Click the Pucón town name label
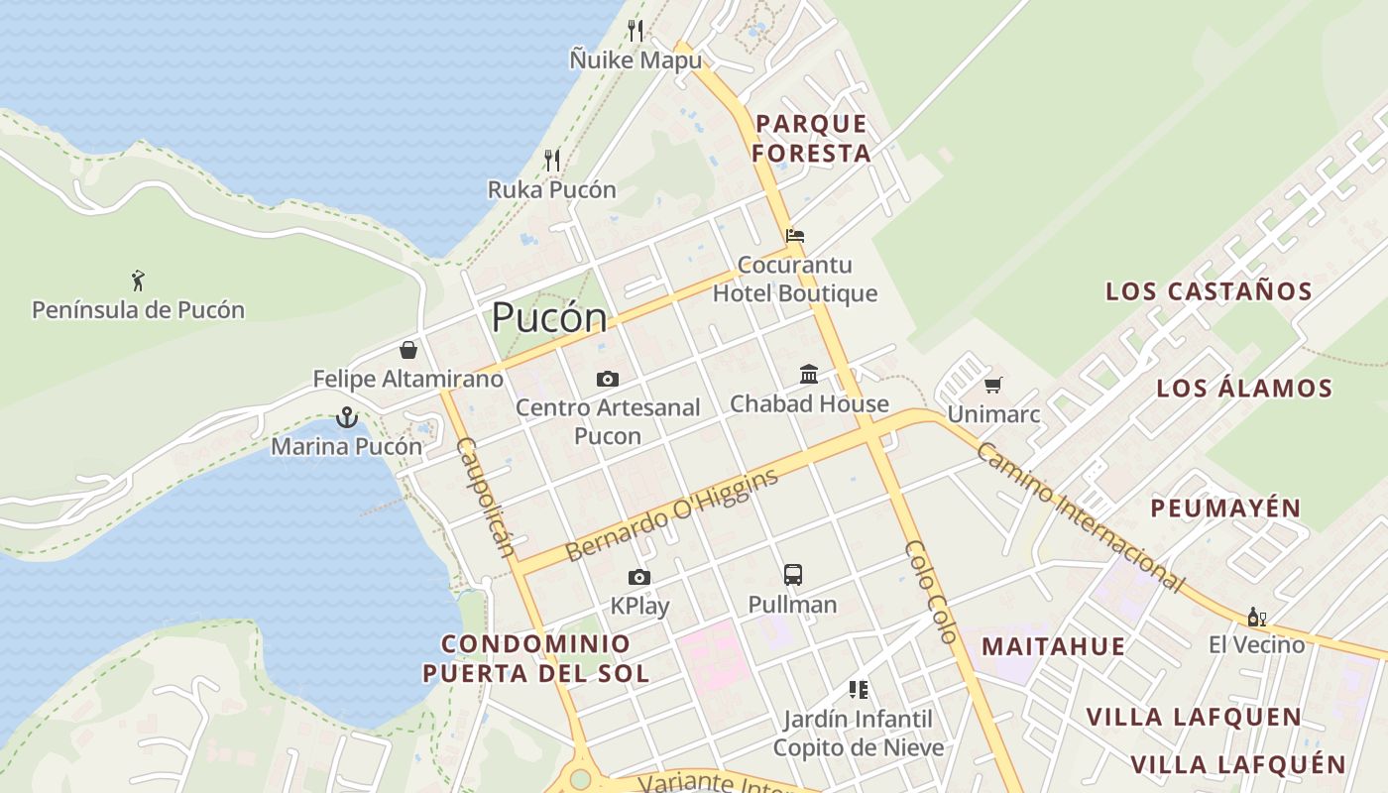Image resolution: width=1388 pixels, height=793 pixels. click(x=549, y=317)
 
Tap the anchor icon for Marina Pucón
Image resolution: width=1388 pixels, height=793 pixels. click(x=346, y=417)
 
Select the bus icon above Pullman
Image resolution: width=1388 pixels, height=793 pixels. click(x=793, y=575)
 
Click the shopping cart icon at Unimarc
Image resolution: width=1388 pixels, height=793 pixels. click(x=992, y=385)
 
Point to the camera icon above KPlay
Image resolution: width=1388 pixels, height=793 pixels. click(x=639, y=577)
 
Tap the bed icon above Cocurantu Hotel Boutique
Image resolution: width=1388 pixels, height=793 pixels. click(x=795, y=236)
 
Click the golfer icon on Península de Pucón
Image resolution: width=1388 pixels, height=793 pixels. click(x=138, y=281)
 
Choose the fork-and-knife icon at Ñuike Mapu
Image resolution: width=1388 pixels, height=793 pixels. click(x=636, y=31)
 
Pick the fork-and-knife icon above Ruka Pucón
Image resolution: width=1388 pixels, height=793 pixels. click(x=552, y=160)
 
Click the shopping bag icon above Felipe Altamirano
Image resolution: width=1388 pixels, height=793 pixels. click(x=407, y=350)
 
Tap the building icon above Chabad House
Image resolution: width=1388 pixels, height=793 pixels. click(x=809, y=375)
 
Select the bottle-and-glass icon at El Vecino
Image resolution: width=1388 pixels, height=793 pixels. click(x=1256, y=617)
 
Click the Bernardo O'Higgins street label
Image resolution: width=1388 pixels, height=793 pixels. click(x=671, y=515)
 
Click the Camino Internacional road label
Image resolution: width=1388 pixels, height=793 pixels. click(x=1080, y=516)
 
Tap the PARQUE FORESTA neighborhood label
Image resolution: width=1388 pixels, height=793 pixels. click(x=811, y=139)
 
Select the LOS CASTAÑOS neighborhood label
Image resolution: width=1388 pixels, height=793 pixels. click(x=1209, y=291)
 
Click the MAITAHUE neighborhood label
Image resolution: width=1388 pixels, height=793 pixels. click(x=1053, y=646)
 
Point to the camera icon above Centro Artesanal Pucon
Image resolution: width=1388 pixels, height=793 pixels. click(x=608, y=379)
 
